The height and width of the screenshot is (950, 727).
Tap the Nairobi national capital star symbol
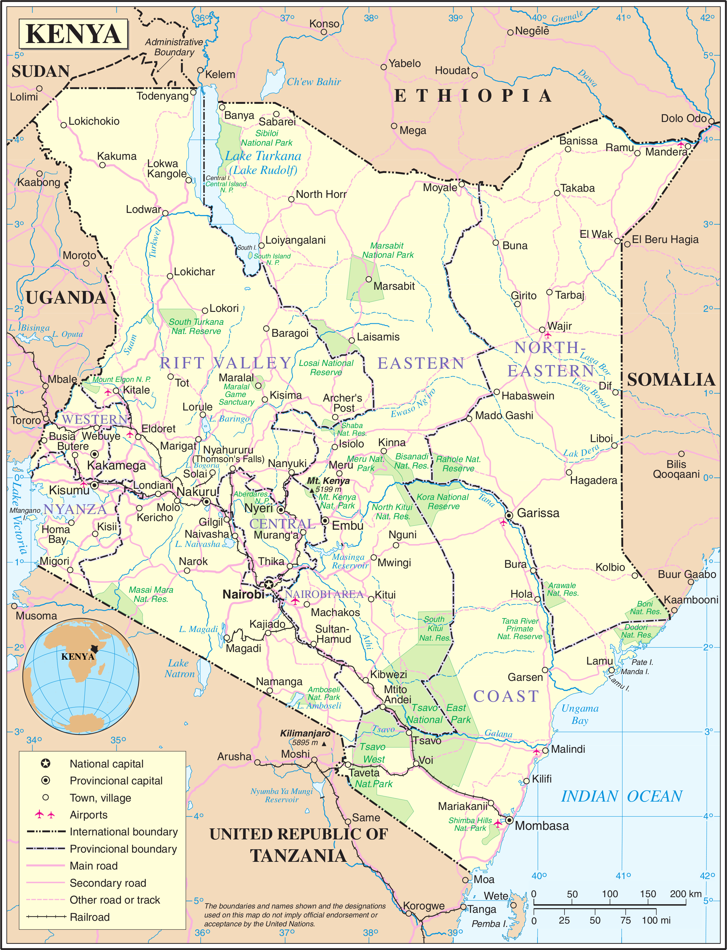269,585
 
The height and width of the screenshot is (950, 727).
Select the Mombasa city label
541,826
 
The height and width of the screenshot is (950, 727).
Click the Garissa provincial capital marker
509,515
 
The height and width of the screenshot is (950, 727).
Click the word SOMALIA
671,379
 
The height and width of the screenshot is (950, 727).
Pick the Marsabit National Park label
387,250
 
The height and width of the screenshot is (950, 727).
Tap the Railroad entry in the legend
90,917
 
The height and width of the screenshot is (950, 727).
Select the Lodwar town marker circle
165,213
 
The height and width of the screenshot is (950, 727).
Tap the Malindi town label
568,749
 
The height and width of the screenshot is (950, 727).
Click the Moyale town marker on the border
462,184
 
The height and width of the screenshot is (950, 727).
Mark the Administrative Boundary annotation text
174,47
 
